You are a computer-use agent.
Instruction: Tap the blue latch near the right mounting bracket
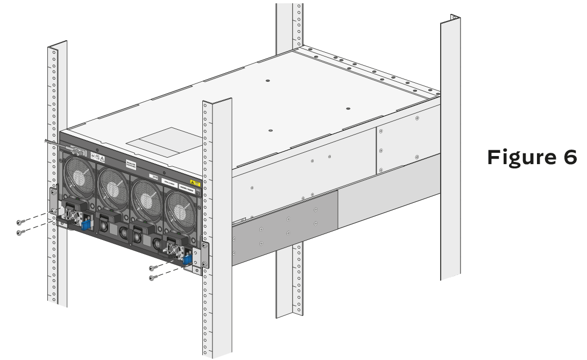tap(187, 259)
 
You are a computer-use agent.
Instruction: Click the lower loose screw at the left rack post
tap(20, 232)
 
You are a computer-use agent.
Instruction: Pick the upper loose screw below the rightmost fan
tap(153, 267)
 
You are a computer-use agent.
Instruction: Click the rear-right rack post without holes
tap(450, 151)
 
